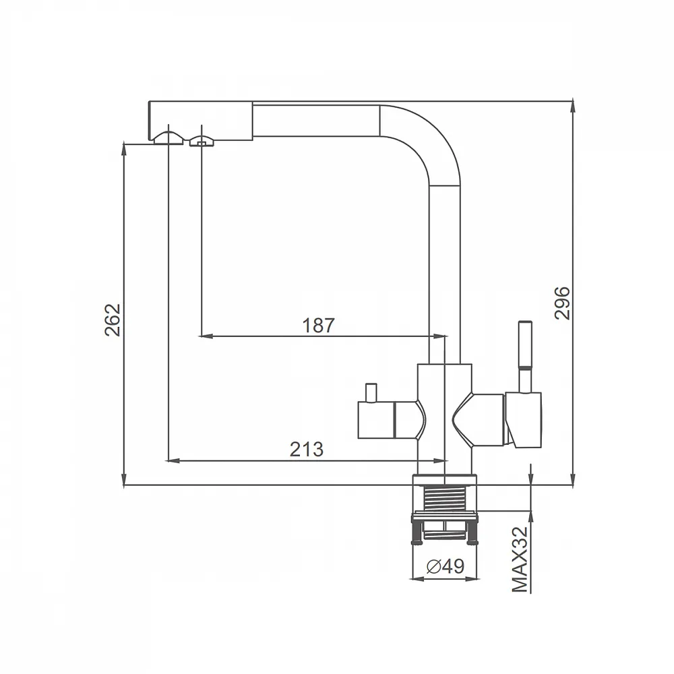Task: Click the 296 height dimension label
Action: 562,303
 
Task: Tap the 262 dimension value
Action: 113,319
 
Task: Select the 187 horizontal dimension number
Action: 319,326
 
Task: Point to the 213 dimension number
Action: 307,450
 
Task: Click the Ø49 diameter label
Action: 446,567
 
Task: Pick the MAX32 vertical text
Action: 520,559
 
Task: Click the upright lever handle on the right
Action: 525,357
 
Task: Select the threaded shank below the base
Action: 444,498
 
